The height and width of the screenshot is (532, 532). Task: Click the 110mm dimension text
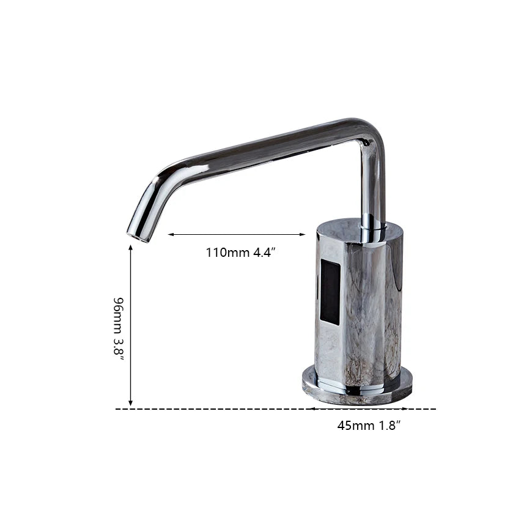(228, 253)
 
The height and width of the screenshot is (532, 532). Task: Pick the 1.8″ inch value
(390, 425)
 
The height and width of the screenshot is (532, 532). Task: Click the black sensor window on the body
(330, 292)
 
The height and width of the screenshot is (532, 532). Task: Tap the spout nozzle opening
(138, 237)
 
